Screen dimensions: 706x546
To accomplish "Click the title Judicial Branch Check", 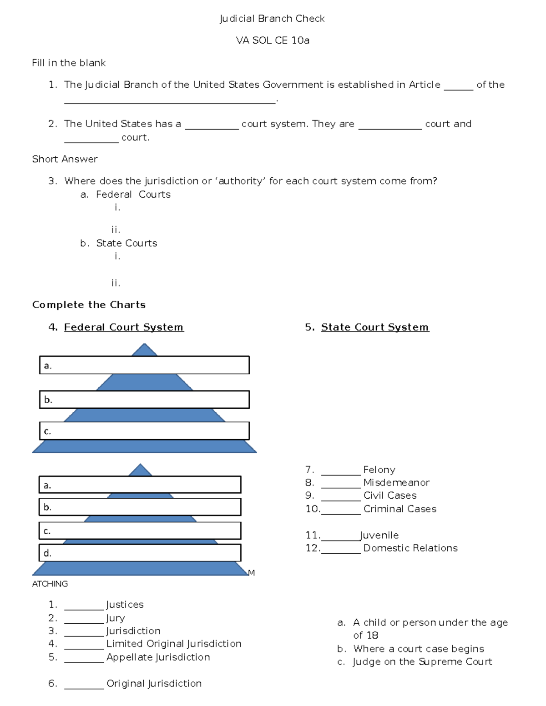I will [272, 19].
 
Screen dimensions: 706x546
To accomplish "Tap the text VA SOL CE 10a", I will [272, 40].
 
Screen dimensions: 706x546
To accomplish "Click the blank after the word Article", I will [458, 86].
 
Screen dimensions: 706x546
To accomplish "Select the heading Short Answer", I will [65, 159].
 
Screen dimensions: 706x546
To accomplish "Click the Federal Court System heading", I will [124, 327].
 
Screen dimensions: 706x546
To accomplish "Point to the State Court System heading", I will [375, 327].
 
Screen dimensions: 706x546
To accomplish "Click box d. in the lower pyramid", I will [140, 553].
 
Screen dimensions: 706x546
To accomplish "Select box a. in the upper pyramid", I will [144, 365].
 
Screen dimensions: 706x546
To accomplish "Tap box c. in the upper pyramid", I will [144, 431].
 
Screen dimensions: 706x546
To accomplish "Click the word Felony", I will [379, 470].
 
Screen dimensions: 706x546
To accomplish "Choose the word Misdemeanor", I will [396, 482].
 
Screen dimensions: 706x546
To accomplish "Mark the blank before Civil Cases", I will [340, 497].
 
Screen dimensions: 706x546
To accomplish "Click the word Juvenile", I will [379, 536].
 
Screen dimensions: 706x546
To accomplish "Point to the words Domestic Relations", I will [410, 548].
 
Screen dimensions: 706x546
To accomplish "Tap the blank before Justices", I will [84, 606].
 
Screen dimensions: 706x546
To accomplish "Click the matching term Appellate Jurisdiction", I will [158, 657].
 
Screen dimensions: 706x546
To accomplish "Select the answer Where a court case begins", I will [418, 649].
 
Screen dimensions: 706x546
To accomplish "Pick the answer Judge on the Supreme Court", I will [422, 662].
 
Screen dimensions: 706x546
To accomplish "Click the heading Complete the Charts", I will [89, 305].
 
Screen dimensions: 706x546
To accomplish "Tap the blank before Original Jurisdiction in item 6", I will [84, 685].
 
